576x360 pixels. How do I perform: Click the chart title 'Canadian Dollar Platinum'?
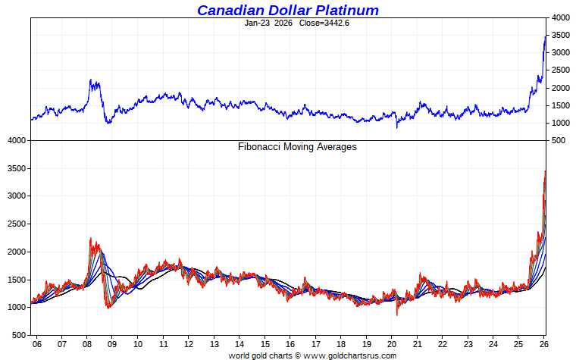click(287, 10)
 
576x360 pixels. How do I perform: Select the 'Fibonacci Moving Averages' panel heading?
click(297, 147)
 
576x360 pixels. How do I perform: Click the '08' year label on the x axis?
click(87, 343)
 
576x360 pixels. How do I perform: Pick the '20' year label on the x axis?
click(393, 343)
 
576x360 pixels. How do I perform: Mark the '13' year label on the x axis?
click(214, 343)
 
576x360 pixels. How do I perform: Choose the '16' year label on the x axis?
click(291, 343)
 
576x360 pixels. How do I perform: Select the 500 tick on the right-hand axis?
click(559, 141)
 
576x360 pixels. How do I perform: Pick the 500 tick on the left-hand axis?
click(17, 334)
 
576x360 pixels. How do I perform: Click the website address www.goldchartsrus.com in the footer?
click(350, 355)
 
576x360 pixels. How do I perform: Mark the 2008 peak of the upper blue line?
click(90, 80)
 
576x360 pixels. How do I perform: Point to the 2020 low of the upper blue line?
click(397, 127)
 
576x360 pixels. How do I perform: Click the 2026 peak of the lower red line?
click(545, 171)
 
